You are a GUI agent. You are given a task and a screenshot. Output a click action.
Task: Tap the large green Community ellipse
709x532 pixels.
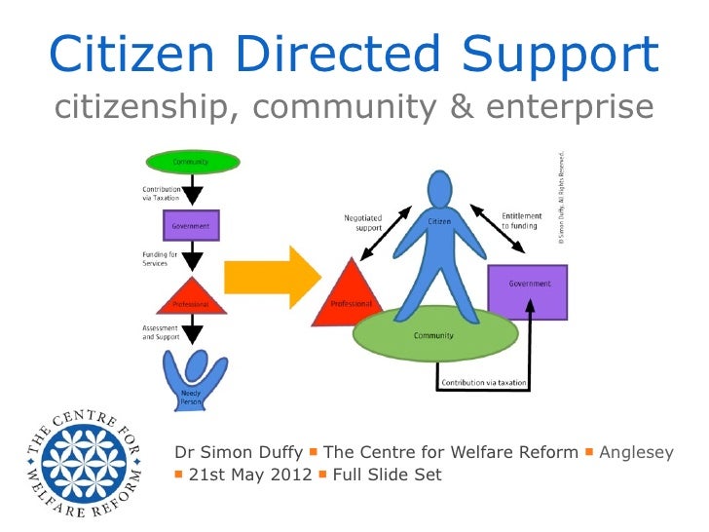434,335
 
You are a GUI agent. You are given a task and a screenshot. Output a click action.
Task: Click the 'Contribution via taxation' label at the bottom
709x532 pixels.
485,383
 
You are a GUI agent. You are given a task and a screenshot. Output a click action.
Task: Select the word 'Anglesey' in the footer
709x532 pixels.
636,452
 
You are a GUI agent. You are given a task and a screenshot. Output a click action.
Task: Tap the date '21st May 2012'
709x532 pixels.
249,475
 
